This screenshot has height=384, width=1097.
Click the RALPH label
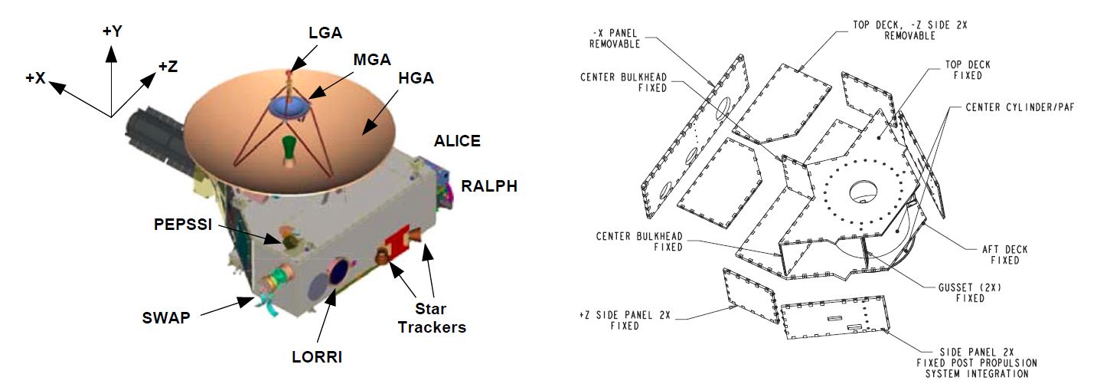488,185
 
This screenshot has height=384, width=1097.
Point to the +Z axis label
168,66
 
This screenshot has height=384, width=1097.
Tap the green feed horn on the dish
288,149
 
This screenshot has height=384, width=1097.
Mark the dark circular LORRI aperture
338,272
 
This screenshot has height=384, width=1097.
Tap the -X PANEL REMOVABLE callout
614,38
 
